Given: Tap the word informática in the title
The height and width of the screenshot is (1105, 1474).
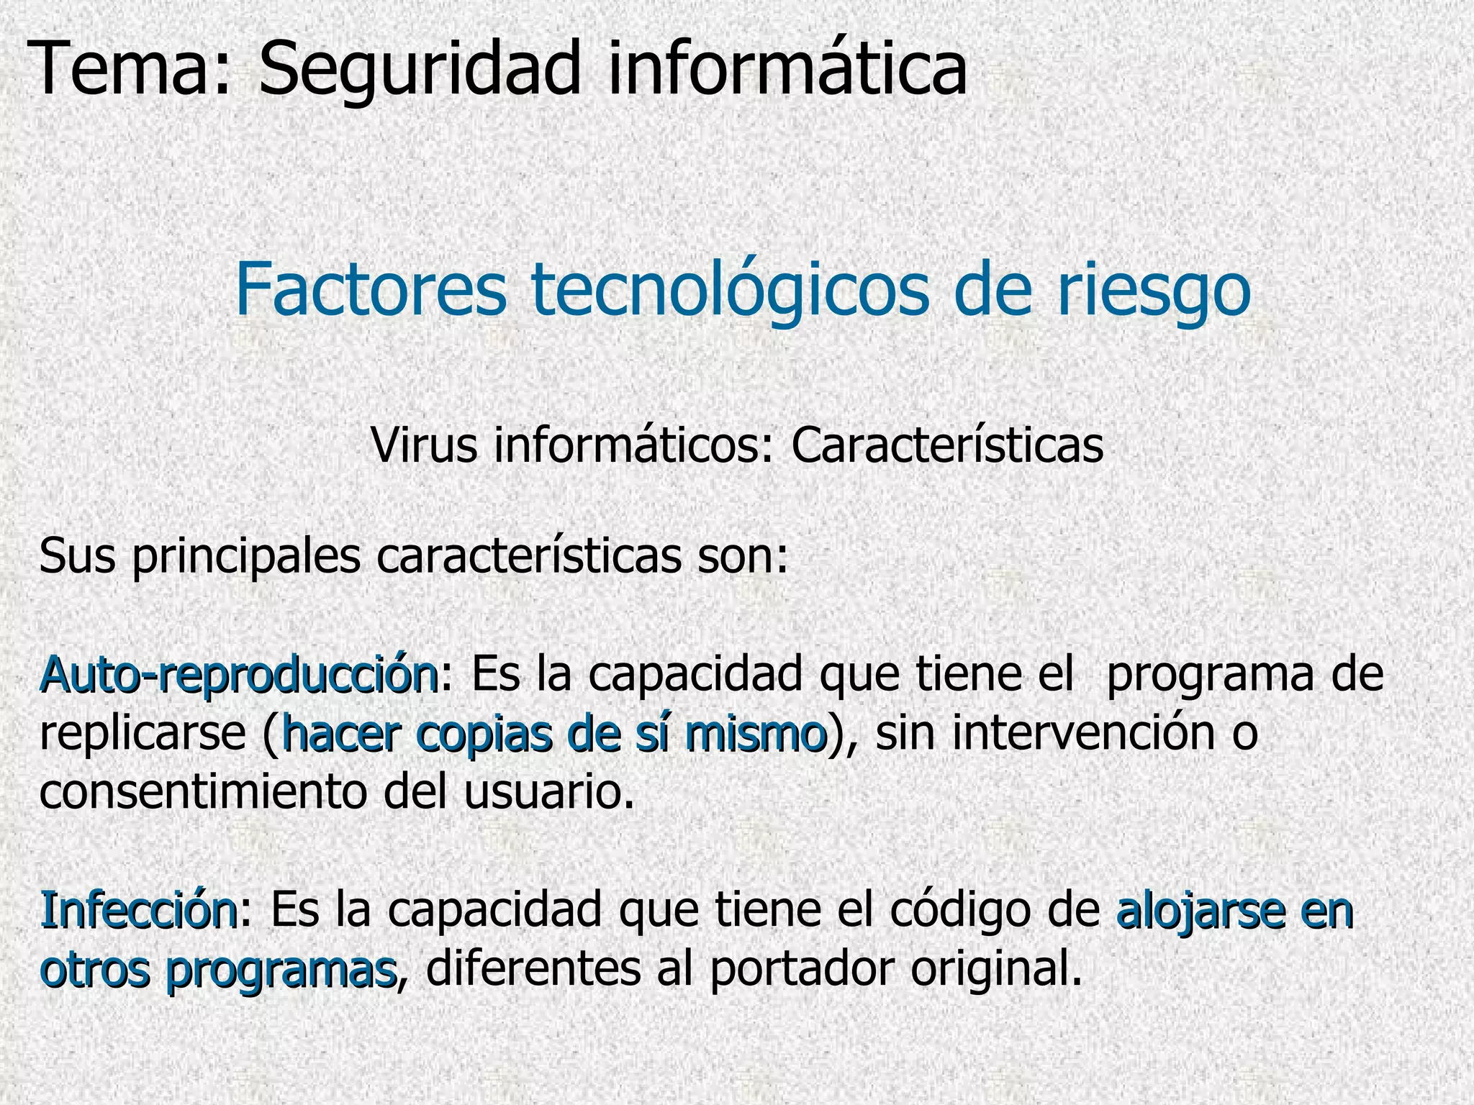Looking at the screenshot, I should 787,69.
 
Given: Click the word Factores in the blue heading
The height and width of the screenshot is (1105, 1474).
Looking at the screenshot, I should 371,289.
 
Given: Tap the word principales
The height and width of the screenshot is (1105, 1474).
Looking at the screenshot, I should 245,557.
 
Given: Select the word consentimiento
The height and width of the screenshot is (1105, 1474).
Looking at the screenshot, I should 202,793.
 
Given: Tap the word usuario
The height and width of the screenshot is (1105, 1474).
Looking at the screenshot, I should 550,793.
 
